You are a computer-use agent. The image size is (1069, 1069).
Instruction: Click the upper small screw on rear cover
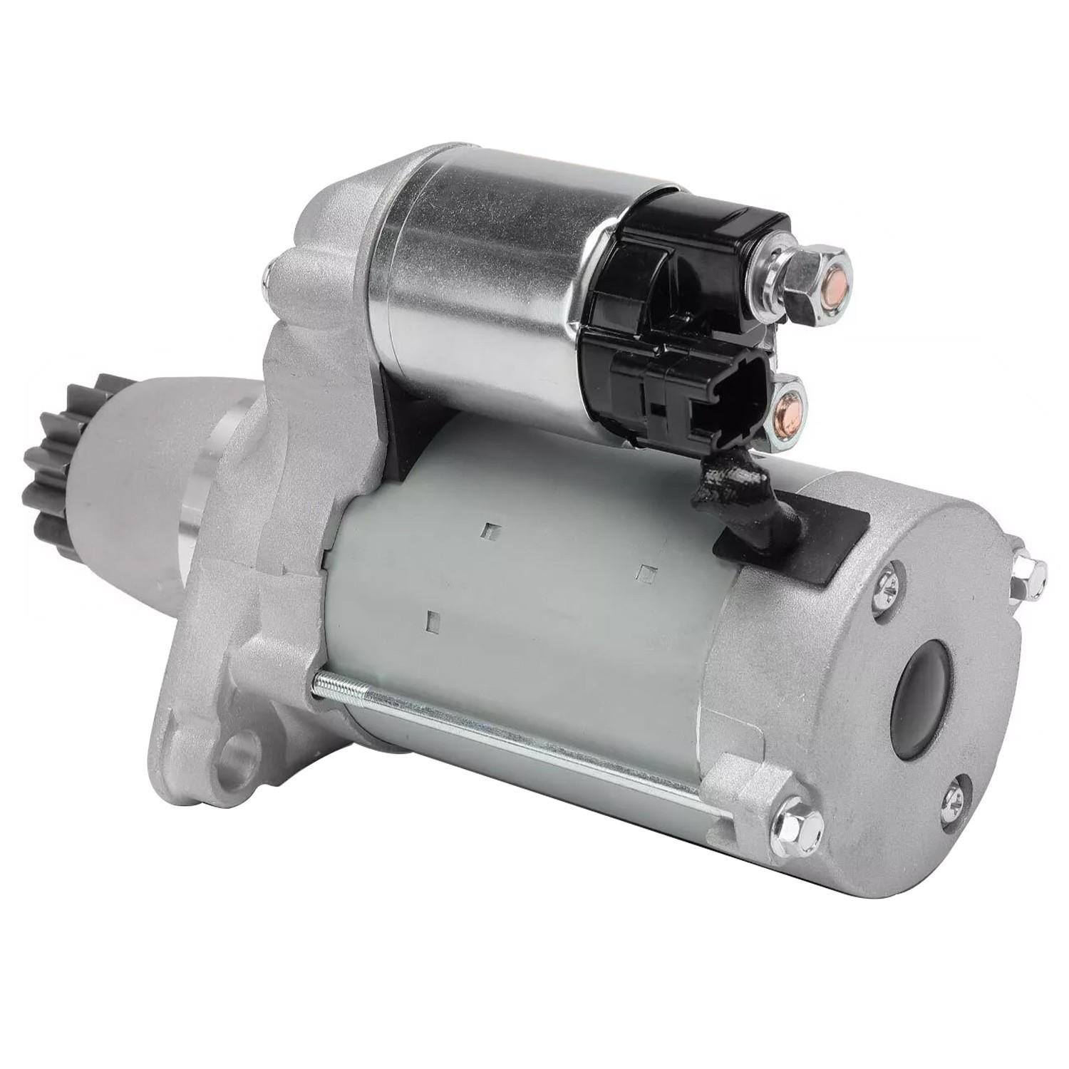pos(890,579)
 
